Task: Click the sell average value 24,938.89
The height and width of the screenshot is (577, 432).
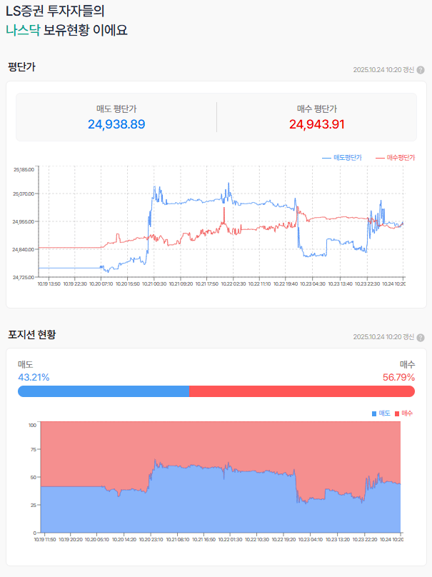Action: click(x=116, y=124)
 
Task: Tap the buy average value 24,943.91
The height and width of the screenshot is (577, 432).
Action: click(x=317, y=124)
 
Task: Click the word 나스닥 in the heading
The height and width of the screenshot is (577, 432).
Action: click(x=23, y=31)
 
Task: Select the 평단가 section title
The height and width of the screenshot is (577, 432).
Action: click(x=21, y=67)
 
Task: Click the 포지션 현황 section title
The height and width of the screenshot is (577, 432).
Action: click(x=31, y=334)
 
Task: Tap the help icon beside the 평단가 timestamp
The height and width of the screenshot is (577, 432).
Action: click(x=421, y=70)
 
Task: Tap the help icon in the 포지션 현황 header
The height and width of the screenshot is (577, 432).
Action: click(x=421, y=337)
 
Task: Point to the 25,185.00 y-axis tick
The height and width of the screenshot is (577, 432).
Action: click(x=24, y=169)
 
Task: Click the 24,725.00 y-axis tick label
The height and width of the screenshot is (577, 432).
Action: click(x=24, y=277)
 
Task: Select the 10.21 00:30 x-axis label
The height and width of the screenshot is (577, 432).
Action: click(x=154, y=284)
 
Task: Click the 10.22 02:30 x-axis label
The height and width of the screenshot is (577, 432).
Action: click(x=233, y=284)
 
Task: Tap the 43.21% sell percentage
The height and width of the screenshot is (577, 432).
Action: click(x=34, y=377)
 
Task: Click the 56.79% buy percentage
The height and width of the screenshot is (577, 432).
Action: click(x=398, y=377)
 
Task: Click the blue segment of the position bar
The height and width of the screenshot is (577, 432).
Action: click(x=104, y=391)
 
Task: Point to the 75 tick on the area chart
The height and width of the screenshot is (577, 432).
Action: click(x=33, y=450)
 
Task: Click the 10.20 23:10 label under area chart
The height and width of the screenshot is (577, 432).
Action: click(x=151, y=539)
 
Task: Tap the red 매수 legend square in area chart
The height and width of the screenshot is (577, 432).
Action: click(x=398, y=413)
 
